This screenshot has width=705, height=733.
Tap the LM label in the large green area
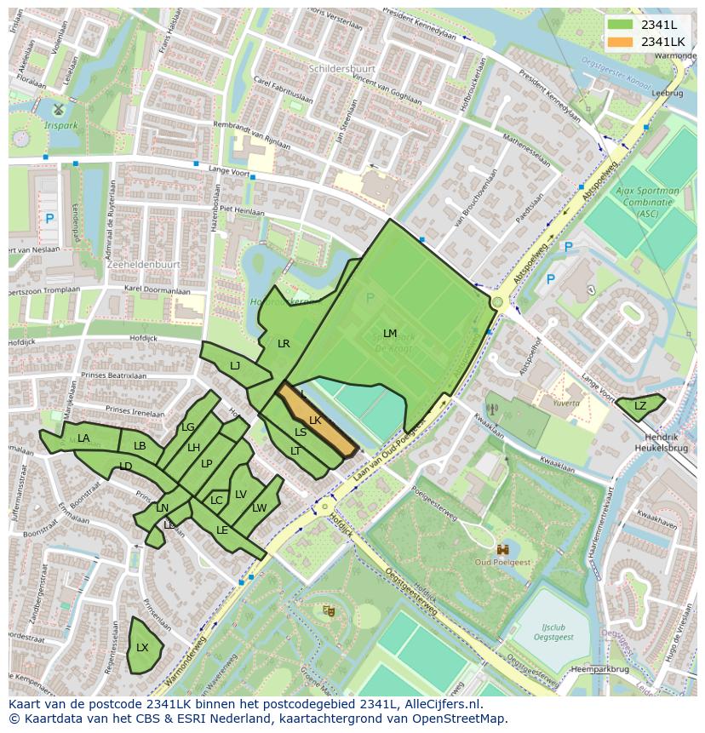390,333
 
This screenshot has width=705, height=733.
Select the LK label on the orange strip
315,421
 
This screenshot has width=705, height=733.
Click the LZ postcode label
640,406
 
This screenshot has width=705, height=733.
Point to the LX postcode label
142,647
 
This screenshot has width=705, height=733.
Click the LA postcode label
83,438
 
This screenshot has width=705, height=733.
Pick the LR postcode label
284,344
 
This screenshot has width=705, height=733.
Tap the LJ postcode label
235,365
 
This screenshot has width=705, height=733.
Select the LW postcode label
260,508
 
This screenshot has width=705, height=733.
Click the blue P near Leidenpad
49,219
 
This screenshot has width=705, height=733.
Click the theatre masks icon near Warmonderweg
328,610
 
